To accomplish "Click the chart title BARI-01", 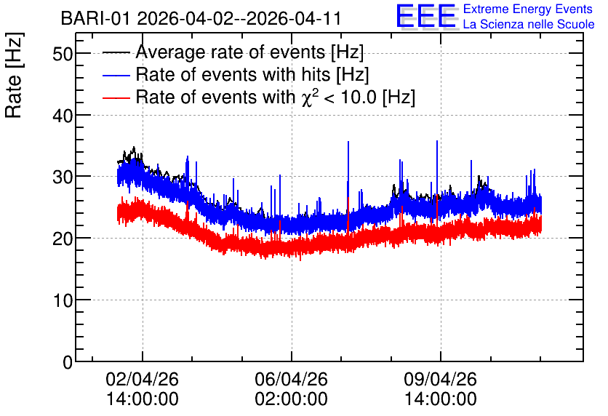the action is [95, 18].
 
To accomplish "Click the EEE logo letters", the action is [426, 17].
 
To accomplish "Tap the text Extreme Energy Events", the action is [528, 9].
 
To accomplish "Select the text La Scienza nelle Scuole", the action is [529, 24].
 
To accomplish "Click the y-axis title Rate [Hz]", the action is [14, 75].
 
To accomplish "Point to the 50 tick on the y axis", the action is [63, 54].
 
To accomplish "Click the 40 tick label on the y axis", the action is [63, 115].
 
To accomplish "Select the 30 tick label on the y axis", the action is [63, 177].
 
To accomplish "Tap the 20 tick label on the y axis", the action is [63, 239].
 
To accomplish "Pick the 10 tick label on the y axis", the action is [63, 300].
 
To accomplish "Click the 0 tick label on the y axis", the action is [68, 362].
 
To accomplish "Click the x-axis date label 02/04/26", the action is [143, 379].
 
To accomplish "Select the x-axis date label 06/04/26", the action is [291, 379].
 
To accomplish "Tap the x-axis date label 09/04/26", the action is [441, 379].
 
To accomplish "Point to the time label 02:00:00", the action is [291, 399].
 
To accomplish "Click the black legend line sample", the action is [116, 52].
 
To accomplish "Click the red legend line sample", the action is [116, 97].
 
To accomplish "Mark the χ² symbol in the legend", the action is [310, 97].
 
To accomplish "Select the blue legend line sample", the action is [116, 75].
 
